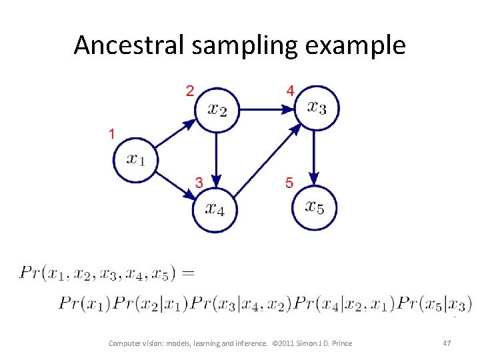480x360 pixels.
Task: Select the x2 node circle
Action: click(216, 109)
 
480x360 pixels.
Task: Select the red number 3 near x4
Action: click(199, 182)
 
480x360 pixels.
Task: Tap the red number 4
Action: click(289, 91)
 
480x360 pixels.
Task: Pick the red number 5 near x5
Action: click(289, 182)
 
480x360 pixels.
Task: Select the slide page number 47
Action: click(447, 343)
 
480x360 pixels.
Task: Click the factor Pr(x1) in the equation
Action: click(85, 303)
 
